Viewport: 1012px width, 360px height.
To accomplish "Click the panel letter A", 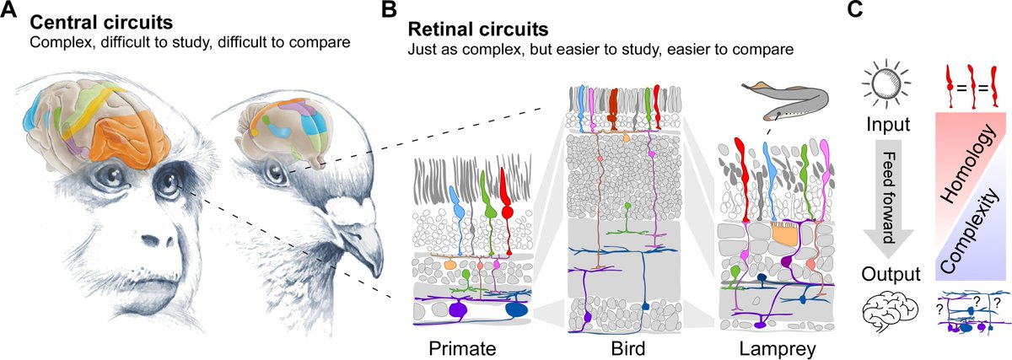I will click(x=11, y=12).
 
